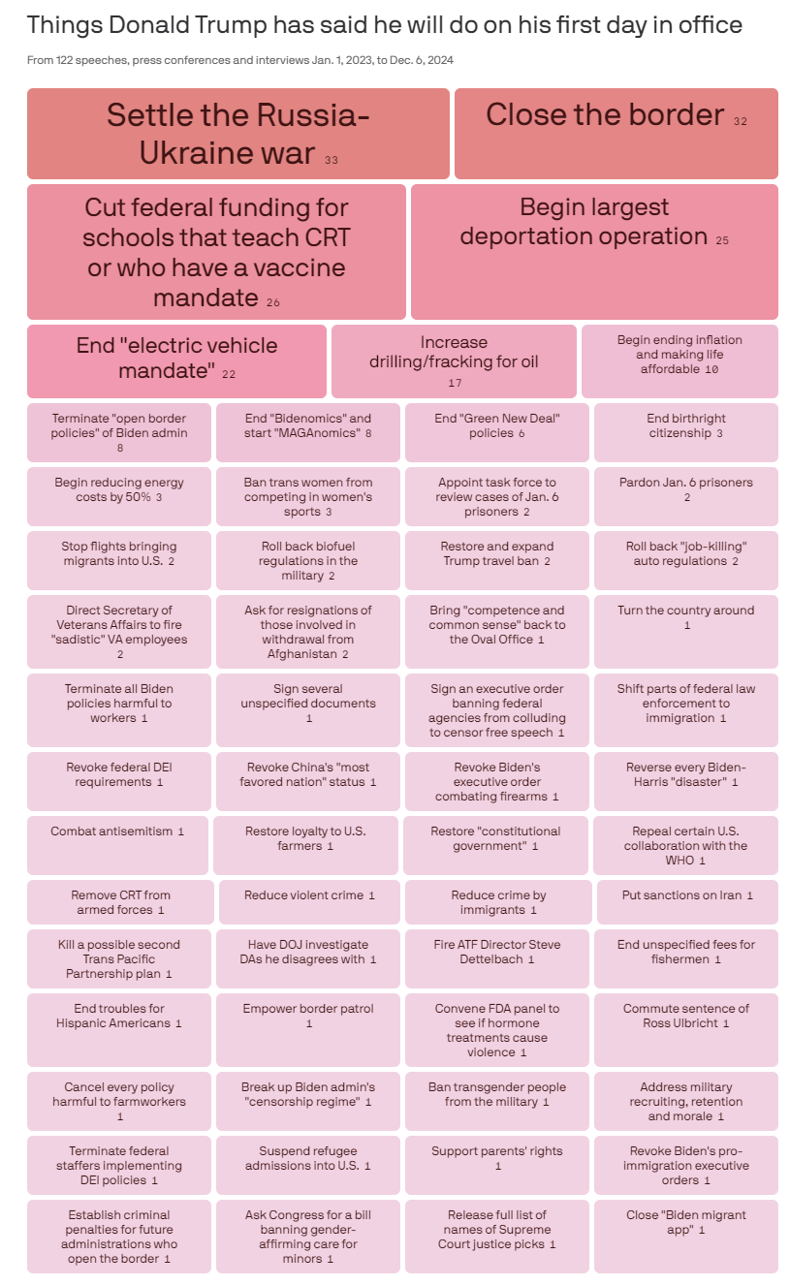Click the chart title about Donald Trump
pos(385,25)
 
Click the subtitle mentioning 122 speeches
pos(240,60)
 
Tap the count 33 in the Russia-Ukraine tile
pos(332,160)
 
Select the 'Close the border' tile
pos(616,133)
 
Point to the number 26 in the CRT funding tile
pos(273,303)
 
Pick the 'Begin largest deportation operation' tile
pos(594,251)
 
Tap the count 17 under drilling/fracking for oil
pos(455,383)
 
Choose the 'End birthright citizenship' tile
pos(685,431)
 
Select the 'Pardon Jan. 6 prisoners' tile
pos(685,495)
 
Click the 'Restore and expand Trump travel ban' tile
pos(496,559)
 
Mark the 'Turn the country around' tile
pos(685,631)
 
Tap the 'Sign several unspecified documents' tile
pos(308,709)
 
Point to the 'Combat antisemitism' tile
pos(117,845)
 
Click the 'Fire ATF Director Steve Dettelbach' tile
pos(496,957)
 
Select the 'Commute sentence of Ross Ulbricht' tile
pos(685,1029)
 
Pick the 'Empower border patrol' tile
pos(308,1029)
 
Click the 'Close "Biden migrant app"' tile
pos(685,1237)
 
